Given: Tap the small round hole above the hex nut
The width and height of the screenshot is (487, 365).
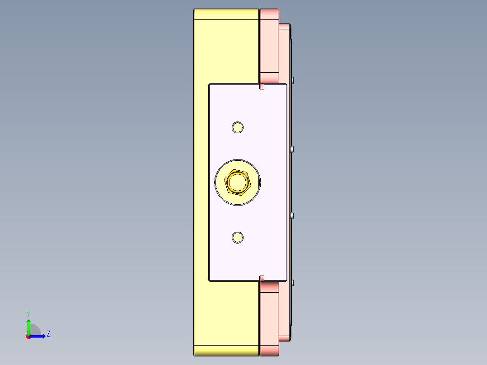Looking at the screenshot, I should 237,127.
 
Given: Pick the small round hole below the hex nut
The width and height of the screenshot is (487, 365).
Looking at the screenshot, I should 237,237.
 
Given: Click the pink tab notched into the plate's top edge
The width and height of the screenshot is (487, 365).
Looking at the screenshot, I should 262,86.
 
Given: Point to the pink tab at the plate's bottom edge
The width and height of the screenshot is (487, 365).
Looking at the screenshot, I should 262,278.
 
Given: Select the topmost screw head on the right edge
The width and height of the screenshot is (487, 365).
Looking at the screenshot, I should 293,80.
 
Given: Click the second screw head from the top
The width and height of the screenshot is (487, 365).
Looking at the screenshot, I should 293,149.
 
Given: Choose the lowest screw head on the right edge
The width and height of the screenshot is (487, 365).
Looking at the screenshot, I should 293,283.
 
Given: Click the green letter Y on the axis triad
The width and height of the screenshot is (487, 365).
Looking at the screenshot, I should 28,314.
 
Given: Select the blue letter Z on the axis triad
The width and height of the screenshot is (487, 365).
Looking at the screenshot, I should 48,334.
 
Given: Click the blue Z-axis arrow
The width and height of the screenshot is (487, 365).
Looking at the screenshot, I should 38,336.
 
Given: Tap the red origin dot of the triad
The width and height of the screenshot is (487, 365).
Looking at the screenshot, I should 28,337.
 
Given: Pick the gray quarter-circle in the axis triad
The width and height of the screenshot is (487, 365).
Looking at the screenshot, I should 35,330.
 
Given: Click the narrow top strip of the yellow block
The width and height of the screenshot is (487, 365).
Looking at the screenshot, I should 226,14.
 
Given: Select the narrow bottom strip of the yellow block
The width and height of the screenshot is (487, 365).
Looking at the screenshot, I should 226,351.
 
